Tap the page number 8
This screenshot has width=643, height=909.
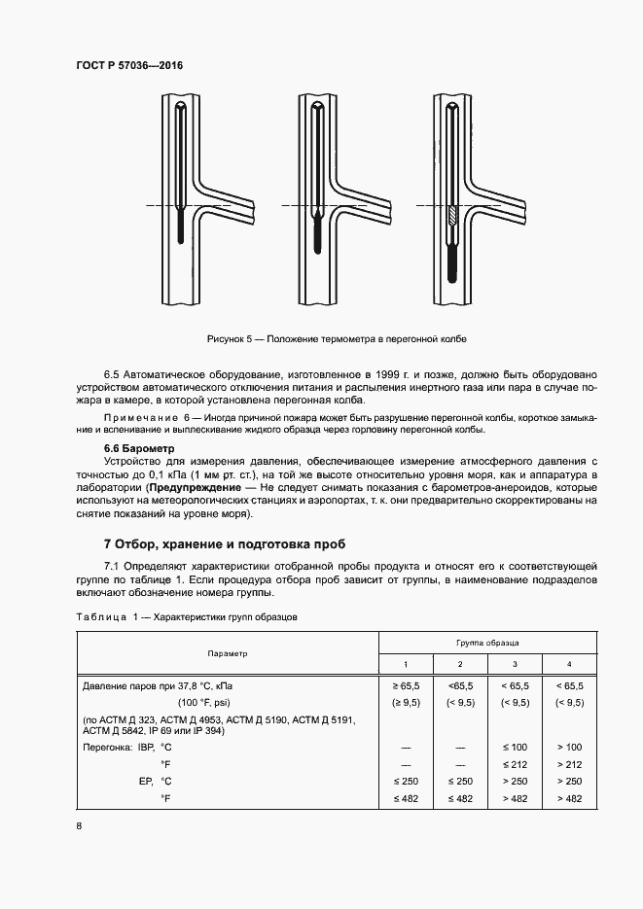pyautogui.click(x=80, y=825)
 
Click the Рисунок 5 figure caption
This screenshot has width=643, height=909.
pyautogui.click(x=337, y=338)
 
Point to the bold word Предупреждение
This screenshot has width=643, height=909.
pyautogui.click(x=192, y=486)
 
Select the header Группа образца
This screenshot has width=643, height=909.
pyautogui.click(x=486, y=643)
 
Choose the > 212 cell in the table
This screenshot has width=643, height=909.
pyautogui.click(x=568, y=763)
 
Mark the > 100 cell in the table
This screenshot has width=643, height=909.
pyautogui.click(x=568, y=746)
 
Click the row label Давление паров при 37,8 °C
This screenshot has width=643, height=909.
pyautogui.click(x=160, y=686)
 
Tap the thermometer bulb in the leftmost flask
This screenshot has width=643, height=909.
pyautogui.click(x=182, y=231)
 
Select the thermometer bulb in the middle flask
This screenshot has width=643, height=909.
pyautogui.click(x=317, y=232)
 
